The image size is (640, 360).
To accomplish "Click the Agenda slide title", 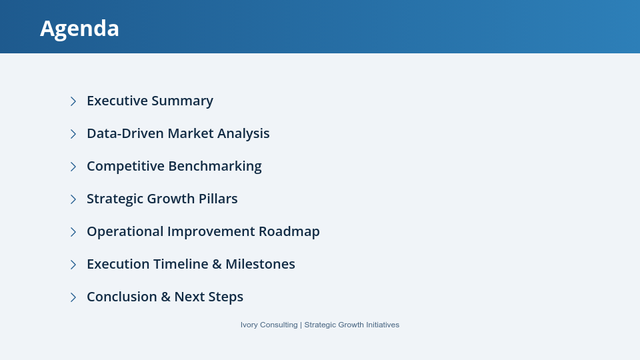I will (x=79, y=28).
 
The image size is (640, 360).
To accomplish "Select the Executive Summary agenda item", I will (x=149, y=101).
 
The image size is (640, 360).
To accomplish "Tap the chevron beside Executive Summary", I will (x=73, y=101).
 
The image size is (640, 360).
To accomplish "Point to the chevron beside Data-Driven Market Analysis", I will (x=73, y=134).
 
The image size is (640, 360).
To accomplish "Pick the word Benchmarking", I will (x=215, y=166).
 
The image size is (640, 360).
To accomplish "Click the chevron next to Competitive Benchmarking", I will (x=73, y=167).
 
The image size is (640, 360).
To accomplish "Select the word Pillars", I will (x=217, y=199).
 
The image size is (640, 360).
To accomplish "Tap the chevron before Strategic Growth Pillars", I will (x=73, y=199).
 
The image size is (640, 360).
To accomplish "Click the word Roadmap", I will (x=289, y=231).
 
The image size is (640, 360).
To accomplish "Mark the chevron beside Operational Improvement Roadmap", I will (x=73, y=232).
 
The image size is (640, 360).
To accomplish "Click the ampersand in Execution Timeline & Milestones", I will (x=217, y=264).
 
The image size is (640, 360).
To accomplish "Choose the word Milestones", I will (x=260, y=264).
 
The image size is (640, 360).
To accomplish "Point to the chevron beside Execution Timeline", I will (x=73, y=265).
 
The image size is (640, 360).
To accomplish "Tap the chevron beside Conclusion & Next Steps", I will (x=73, y=297).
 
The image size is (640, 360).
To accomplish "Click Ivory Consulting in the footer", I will (x=269, y=325).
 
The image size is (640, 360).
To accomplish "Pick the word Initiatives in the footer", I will (x=379, y=325).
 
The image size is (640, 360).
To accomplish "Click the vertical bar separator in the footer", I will (x=301, y=325).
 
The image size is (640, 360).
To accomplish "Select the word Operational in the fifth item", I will (x=125, y=231).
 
